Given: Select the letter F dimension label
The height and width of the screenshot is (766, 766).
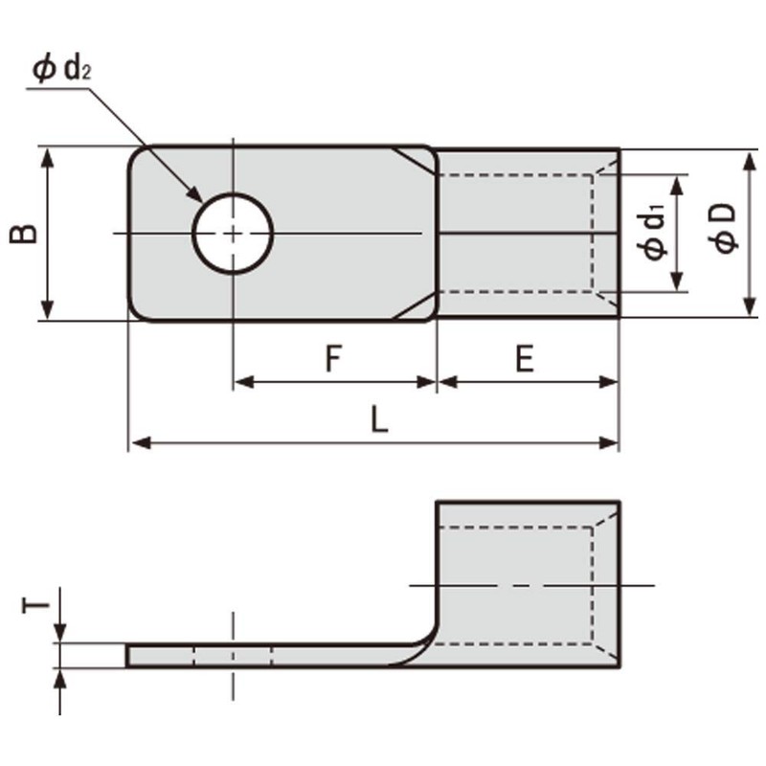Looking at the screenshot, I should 332,359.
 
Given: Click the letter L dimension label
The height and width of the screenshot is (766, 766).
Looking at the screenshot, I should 380,421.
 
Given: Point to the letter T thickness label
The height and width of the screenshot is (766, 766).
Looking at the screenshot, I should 35,604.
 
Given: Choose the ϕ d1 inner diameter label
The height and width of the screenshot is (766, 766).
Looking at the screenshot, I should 654,233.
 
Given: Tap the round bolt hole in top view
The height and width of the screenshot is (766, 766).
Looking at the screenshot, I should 233,234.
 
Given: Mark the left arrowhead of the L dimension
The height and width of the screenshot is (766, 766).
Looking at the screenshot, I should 137,442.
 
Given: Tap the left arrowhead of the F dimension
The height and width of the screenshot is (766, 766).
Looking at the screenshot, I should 242,382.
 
